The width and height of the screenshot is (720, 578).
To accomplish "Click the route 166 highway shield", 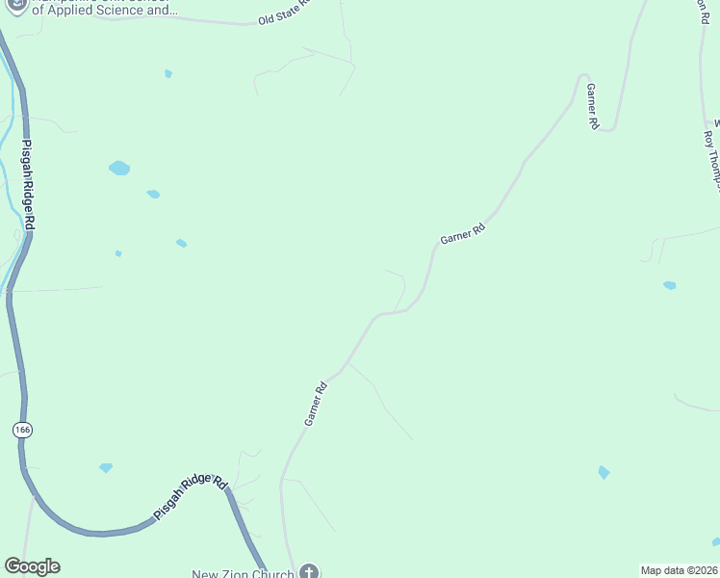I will click(21, 431).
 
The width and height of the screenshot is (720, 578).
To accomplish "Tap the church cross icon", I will click(309, 572).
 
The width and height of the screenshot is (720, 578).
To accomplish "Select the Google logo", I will click(32, 566).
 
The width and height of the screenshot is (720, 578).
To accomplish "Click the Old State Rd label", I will click(287, 13).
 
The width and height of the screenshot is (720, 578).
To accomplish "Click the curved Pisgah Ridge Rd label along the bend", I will click(190, 498).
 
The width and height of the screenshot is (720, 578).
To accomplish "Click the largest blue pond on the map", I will click(119, 169).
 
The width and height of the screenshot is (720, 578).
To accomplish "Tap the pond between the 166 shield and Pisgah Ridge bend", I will click(106, 468).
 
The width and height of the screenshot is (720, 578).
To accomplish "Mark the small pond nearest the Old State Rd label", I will click(168, 73).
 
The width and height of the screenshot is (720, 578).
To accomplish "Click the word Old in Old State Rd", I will click(267, 19).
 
